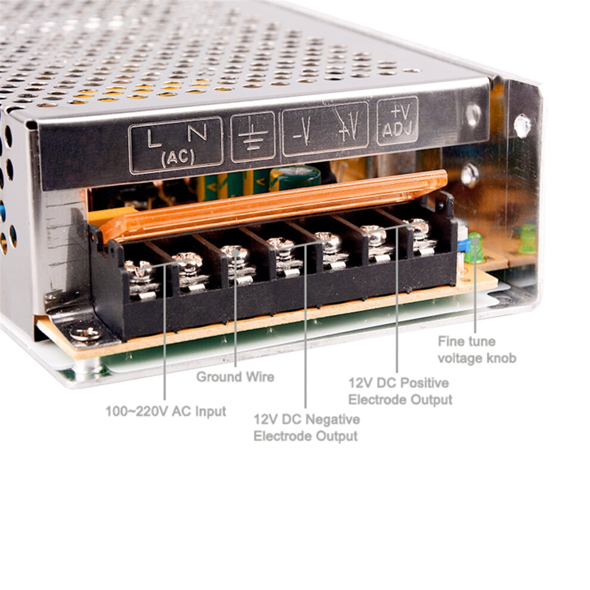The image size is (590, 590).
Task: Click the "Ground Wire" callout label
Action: [235, 377]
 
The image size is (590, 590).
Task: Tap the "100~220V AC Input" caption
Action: [166, 411]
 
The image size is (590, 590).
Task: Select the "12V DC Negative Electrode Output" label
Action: [306, 427]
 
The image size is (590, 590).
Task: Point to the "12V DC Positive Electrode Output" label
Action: [400, 391]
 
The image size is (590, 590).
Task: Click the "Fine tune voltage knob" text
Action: [477, 350]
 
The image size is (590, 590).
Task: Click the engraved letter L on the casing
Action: [154, 138]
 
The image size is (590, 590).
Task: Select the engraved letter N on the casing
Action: [197, 132]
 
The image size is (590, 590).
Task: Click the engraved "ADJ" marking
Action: [398, 129]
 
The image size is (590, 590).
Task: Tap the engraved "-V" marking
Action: [303, 131]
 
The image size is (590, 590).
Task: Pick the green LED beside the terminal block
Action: [474, 247]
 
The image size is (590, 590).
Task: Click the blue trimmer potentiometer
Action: [464, 246]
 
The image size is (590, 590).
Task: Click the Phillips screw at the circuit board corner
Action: [86, 334]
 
